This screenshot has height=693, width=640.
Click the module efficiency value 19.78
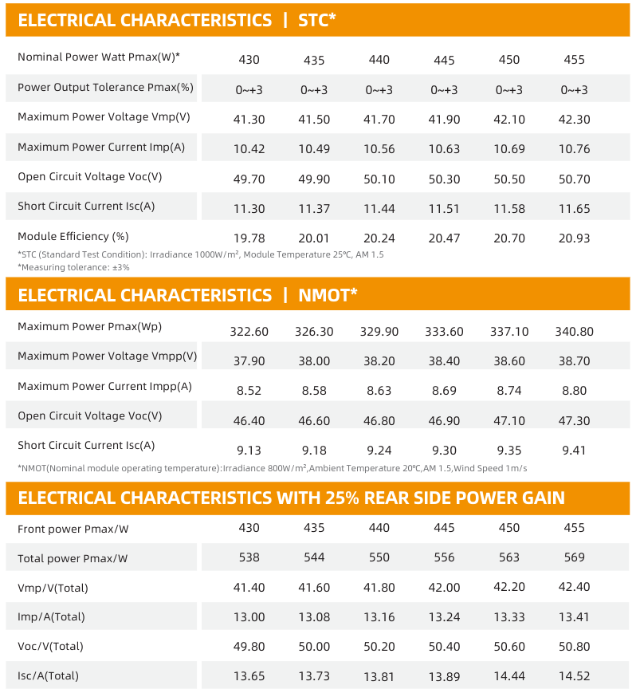(249, 238)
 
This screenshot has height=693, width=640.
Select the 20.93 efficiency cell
(573, 238)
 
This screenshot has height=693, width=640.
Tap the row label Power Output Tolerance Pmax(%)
(105, 87)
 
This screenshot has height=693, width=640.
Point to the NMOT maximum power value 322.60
(249, 332)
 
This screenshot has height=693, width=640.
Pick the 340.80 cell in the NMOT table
(574, 332)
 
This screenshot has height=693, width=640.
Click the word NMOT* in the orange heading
(328, 295)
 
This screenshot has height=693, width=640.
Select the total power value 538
(249, 557)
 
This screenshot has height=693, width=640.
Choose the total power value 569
(574, 557)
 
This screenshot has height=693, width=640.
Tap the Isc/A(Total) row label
(48, 675)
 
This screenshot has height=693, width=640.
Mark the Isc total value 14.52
(574, 676)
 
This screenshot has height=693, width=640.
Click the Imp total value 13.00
(249, 616)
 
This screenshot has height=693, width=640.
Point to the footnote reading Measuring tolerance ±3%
(73, 267)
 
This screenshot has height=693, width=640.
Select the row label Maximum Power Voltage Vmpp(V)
(107, 356)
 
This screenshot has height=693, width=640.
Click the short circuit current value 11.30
(249, 208)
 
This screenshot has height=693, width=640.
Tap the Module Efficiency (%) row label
(73, 236)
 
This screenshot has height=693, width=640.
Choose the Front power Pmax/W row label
(73, 529)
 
